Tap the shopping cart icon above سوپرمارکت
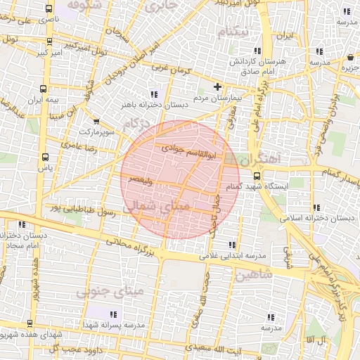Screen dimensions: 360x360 pos(96,121)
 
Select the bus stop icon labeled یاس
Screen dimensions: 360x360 pos(46,157)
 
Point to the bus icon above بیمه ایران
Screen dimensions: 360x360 pos(44,89)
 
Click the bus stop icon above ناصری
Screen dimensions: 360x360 pos(47,10)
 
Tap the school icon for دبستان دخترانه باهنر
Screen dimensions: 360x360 pos(153,94)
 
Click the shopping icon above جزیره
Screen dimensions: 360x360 pos(349,57)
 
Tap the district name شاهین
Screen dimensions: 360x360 pos(254,274)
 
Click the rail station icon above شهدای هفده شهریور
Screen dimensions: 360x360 pos(30,323)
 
